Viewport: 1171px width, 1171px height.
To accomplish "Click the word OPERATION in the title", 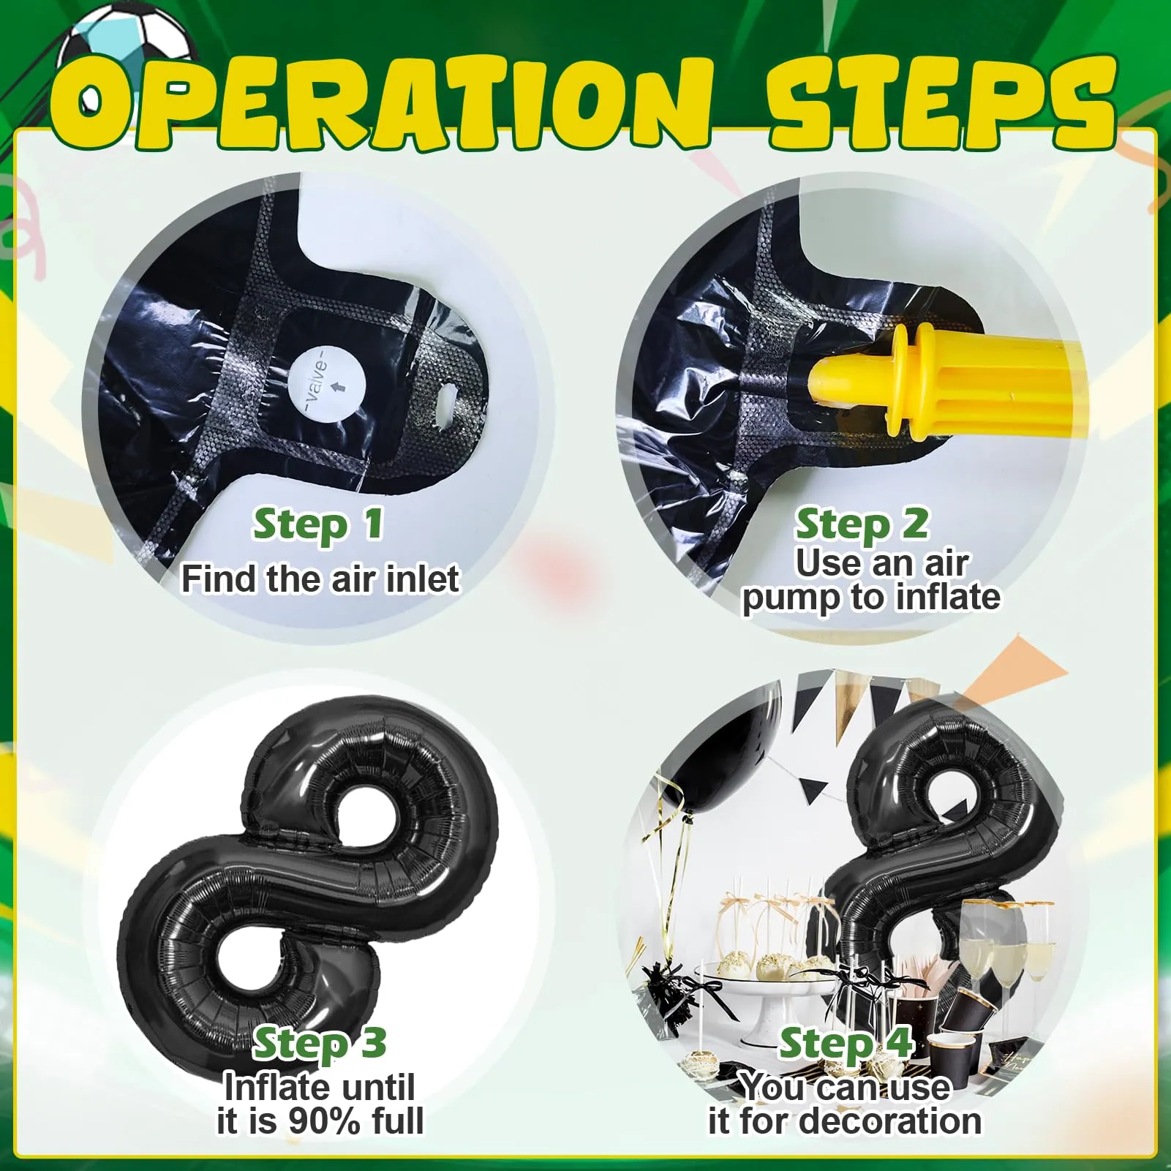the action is pyautogui.click(x=381, y=102).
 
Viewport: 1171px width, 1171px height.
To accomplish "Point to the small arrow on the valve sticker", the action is pyautogui.click(x=337, y=385).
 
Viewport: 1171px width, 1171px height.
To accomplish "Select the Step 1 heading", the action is pyautogui.click(x=318, y=525).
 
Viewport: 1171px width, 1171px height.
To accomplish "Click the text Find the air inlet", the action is pyautogui.click(x=320, y=579).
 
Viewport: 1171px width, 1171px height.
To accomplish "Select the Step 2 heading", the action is pyautogui.click(x=862, y=525).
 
